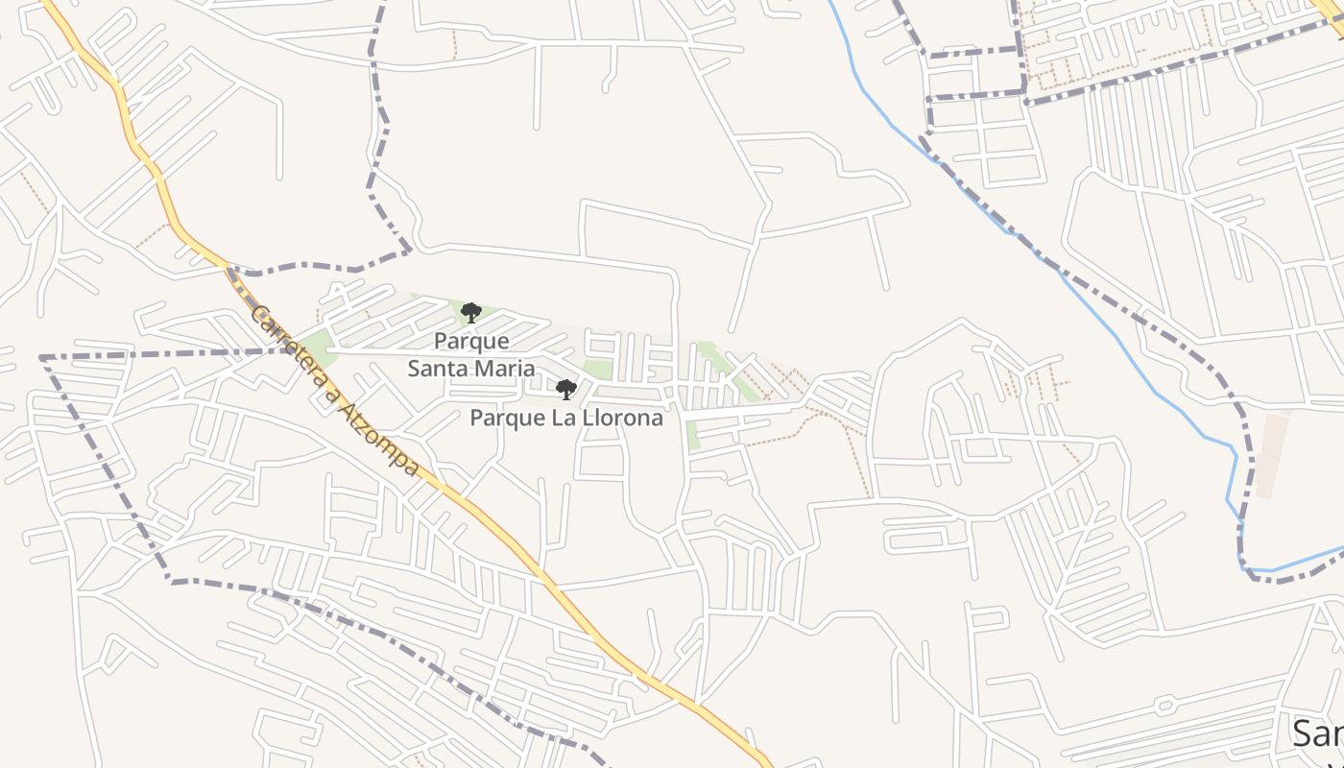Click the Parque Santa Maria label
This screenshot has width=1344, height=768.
click(471, 354)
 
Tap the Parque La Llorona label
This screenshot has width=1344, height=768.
click(566, 419)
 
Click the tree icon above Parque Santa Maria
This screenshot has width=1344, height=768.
click(470, 312)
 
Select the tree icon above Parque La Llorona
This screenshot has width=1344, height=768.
click(566, 389)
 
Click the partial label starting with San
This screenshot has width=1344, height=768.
click(1317, 733)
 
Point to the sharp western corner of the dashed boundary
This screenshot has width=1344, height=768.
click(42, 358)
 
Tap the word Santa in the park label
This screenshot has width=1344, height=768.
click(438, 368)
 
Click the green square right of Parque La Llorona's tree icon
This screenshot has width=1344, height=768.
click(597, 371)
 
